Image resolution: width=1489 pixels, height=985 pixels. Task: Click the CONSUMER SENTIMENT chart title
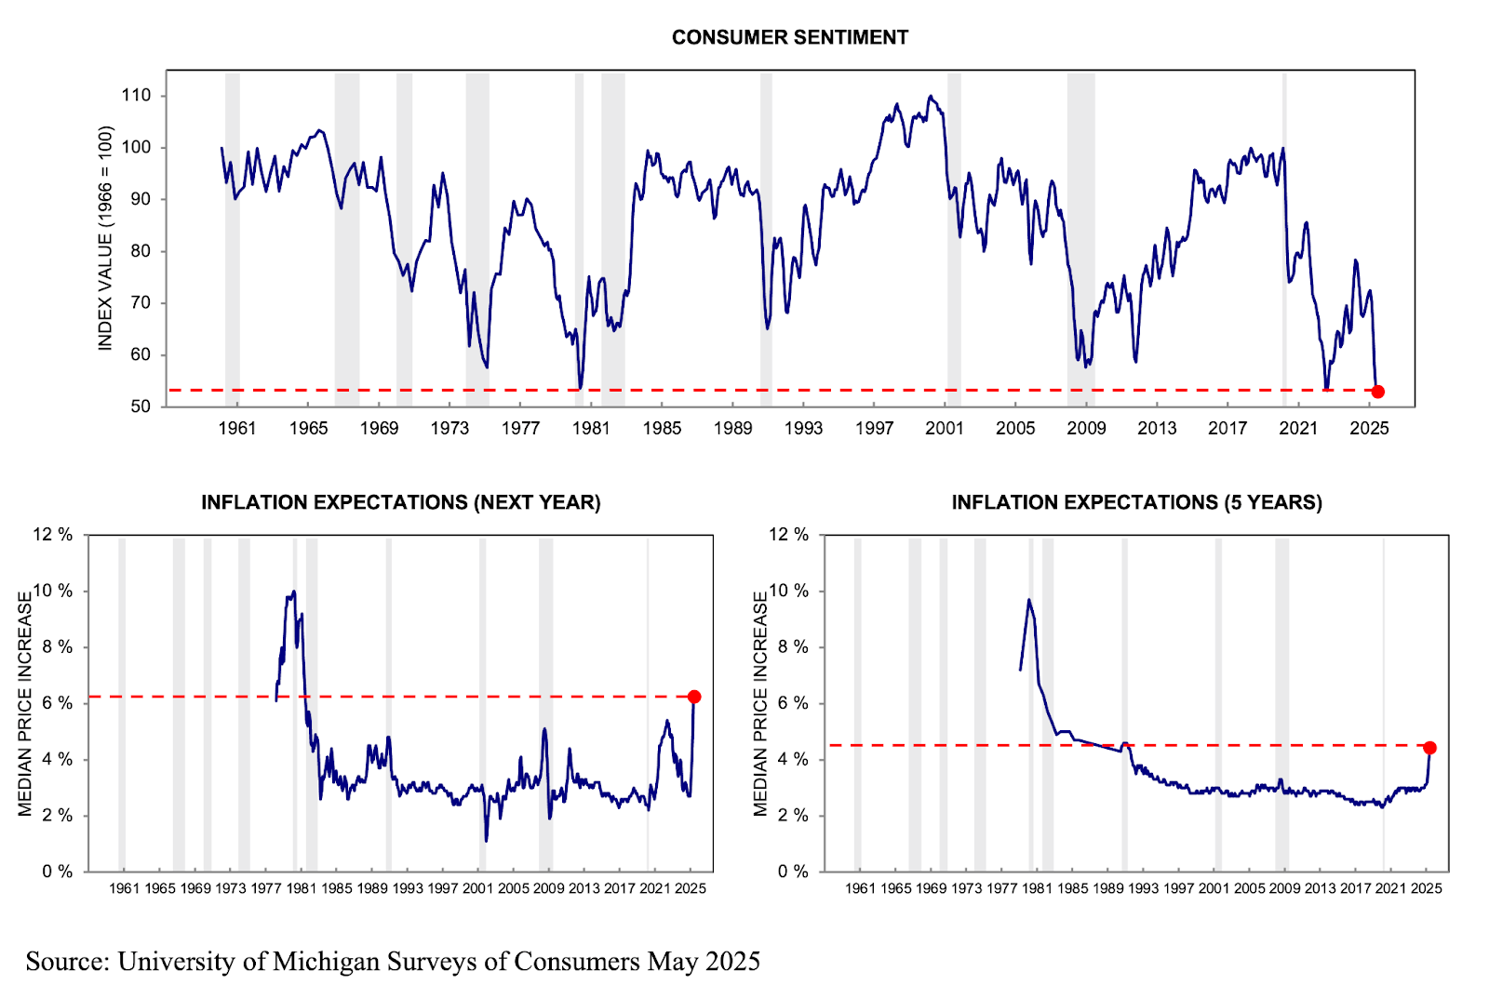789,37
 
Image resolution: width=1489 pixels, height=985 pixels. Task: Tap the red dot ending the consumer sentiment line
1377,392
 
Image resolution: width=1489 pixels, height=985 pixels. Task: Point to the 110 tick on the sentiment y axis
136,95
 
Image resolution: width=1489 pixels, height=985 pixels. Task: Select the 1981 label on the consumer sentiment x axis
591,428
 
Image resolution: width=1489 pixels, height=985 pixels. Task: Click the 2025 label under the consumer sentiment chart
1369,428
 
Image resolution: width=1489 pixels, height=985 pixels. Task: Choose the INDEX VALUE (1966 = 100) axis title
105,238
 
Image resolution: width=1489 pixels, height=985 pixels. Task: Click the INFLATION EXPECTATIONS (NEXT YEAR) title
401,502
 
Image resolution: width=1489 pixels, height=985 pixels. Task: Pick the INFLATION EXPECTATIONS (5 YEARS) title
1136,502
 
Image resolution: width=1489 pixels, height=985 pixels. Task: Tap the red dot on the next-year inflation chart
694,697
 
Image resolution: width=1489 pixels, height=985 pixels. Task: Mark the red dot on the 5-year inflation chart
1429,748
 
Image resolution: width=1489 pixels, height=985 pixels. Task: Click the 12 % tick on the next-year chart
53,535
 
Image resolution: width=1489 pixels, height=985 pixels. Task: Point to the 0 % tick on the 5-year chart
788,872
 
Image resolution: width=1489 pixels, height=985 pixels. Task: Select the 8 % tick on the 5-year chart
788,647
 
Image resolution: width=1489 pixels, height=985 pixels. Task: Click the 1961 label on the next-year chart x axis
124,888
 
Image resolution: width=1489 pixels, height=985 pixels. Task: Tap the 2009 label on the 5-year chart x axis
1284,888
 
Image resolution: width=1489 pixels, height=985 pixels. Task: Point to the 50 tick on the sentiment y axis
141,406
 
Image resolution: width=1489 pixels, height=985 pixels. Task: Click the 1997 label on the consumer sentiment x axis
874,428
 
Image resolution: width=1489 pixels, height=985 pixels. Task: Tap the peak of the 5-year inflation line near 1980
1028,600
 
